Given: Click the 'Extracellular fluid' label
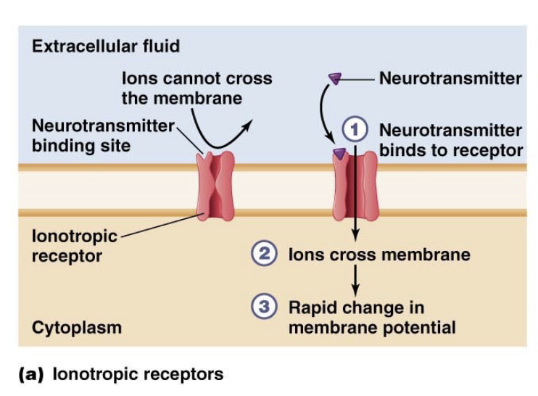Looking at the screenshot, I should pyautogui.click(x=106, y=47).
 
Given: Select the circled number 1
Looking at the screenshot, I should pyautogui.click(x=355, y=131).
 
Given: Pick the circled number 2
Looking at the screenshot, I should pyautogui.click(x=263, y=255).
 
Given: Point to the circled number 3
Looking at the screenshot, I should pyautogui.click(x=263, y=307).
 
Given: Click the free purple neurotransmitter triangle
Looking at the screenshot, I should pyautogui.click(x=335, y=78).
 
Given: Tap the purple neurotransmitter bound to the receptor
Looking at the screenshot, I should pyautogui.click(x=339, y=153).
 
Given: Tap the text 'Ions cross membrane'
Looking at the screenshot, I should pyautogui.click(x=379, y=255).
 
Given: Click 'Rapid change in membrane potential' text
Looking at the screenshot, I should pyautogui.click(x=372, y=317).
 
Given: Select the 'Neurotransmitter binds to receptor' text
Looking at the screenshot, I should pyautogui.click(x=450, y=141).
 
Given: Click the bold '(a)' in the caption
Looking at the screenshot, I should pyautogui.click(x=33, y=375).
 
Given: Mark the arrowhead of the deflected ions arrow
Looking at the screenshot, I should pyautogui.click(x=248, y=125).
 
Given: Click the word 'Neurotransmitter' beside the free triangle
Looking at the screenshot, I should pyautogui.click(x=450, y=78).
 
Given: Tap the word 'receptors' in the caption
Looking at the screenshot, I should pyautogui.click(x=185, y=375).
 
